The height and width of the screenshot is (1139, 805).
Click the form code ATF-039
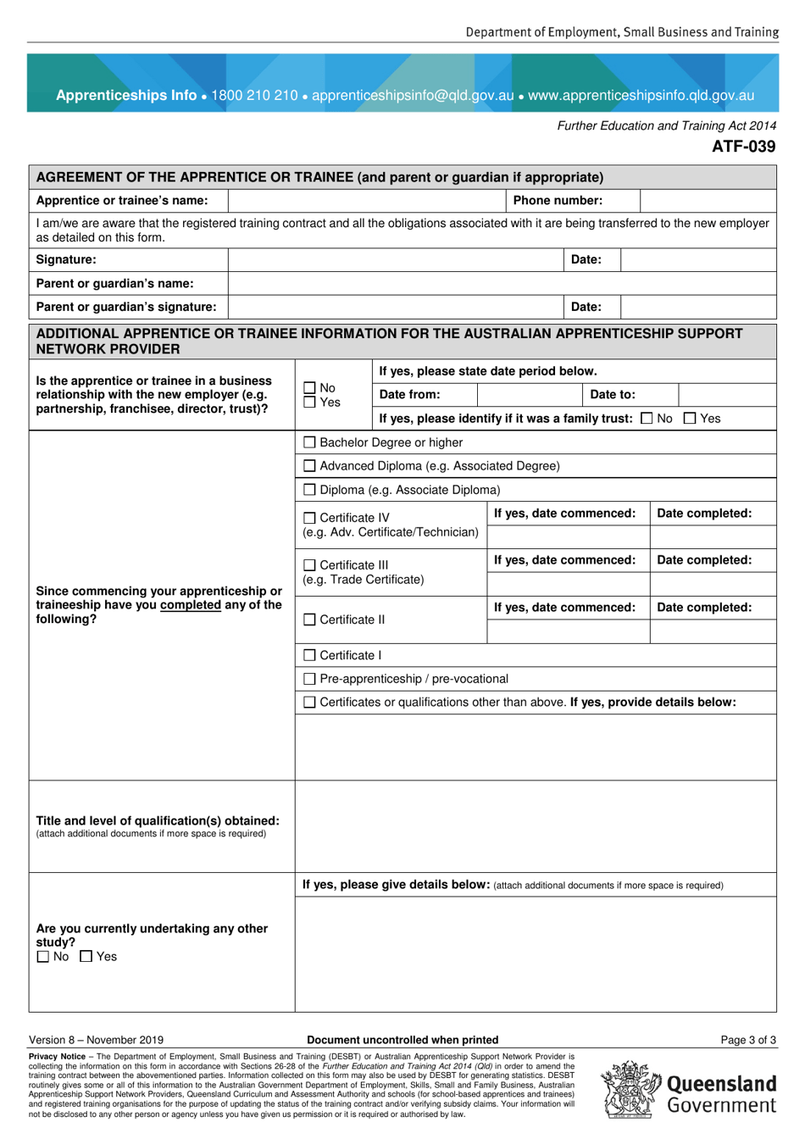tap(742, 147)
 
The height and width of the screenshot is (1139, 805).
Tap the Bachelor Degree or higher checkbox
tap(309, 442)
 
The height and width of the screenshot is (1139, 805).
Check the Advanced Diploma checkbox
tap(309, 466)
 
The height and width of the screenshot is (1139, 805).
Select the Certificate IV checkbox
tap(309, 518)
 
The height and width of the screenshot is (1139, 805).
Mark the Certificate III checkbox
tap(309, 565)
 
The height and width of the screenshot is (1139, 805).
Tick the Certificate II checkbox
tap(309, 620)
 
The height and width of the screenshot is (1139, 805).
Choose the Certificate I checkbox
tap(309, 655)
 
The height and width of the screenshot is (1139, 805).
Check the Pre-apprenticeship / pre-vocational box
tap(309, 679)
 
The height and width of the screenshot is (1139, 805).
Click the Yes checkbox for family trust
tap(690, 418)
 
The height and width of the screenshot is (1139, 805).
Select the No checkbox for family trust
tap(647, 418)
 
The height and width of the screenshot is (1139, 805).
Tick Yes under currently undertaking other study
tap(86, 957)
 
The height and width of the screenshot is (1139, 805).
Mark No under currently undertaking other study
tap(43, 957)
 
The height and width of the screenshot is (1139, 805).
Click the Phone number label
tap(558, 201)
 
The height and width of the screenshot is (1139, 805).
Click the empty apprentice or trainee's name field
tap(366, 201)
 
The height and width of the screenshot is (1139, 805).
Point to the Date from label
tap(409, 395)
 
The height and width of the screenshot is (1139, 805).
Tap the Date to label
tap(612, 395)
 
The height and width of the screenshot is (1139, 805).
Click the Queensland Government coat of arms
tap(630, 1090)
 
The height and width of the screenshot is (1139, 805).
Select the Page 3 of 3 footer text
tap(747, 1040)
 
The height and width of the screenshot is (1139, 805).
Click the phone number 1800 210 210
tap(254, 96)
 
